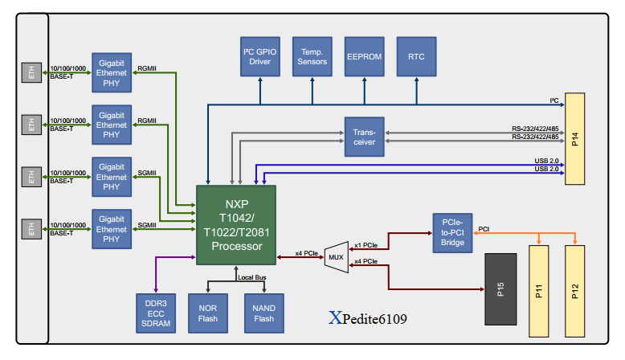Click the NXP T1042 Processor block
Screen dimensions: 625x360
pyautogui.click(x=236, y=225)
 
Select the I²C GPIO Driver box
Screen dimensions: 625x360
pyautogui.click(x=260, y=56)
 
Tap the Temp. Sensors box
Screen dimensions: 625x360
pyautogui.click(x=312, y=56)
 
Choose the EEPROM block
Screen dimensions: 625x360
pyautogui.click(x=365, y=56)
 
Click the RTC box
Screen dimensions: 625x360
pyautogui.click(x=417, y=56)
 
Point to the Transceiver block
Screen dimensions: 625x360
pyautogui.click(x=365, y=137)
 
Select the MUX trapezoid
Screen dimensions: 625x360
pyautogui.click(x=337, y=257)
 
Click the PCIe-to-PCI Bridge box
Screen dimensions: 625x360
pyautogui.click(x=452, y=233)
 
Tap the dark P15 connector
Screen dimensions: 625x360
pyautogui.click(x=500, y=289)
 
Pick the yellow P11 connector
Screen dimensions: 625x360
pyautogui.click(x=538, y=291)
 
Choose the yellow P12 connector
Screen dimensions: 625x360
pyautogui.click(x=574, y=291)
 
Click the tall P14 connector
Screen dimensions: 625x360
pyautogui.click(x=574, y=139)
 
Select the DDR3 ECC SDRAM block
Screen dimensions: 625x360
pyautogui.click(x=156, y=313)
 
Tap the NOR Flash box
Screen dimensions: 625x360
pyautogui.click(x=208, y=313)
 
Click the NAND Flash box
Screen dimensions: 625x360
pyautogui.click(x=263, y=313)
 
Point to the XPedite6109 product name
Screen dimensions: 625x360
pyautogui.click(x=367, y=318)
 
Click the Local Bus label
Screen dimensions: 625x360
pyautogui.click(x=252, y=277)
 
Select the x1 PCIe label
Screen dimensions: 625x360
pyautogui.click(x=366, y=245)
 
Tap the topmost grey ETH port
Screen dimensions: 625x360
pyautogui.click(x=31, y=72)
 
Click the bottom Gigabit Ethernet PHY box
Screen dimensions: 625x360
pyautogui.click(x=112, y=229)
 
